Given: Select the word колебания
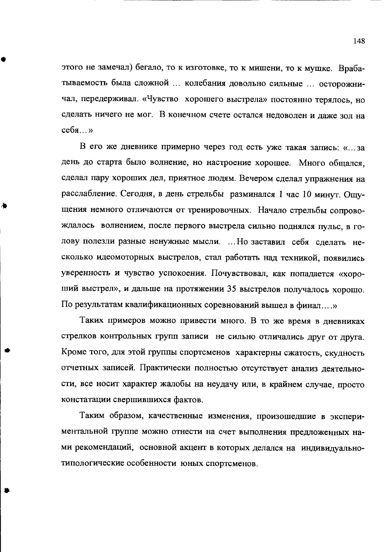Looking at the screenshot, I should pos(201,84).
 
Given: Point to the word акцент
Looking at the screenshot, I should pos(195,448).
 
